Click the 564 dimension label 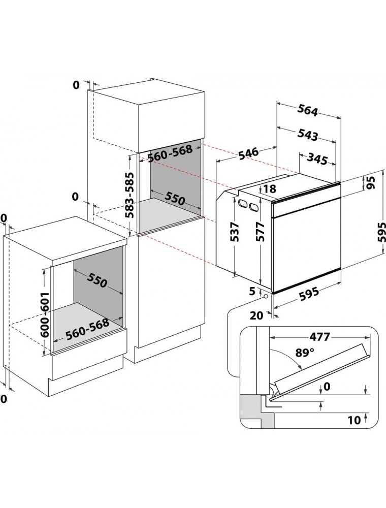[308, 111]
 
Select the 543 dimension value [308, 135]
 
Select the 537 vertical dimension [236, 232]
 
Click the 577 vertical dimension [260, 232]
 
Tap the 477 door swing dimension [319, 337]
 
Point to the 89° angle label [302, 353]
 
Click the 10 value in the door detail [354, 420]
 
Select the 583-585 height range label [130, 195]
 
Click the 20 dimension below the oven [256, 315]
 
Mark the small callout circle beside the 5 [266, 296]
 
